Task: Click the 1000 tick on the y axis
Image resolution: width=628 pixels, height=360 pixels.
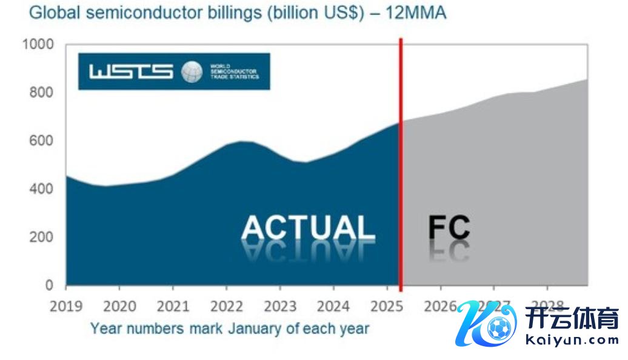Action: coord(38,45)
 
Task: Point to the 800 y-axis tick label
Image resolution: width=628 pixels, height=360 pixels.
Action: coord(41,93)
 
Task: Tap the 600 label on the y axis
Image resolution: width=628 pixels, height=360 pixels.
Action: coord(41,141)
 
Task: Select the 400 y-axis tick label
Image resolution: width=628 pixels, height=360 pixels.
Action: coord(41,189)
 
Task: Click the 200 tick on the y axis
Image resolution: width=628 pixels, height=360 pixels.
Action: coord(41,237)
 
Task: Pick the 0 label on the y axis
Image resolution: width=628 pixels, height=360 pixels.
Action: coord(49,285)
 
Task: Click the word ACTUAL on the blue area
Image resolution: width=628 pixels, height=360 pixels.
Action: coord(308,228)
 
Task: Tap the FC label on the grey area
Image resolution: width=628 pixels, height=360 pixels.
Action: coord(449,228)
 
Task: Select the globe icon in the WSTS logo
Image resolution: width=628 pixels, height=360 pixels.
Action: coord(192,72)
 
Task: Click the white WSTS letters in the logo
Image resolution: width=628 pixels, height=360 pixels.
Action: coord(131,72)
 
